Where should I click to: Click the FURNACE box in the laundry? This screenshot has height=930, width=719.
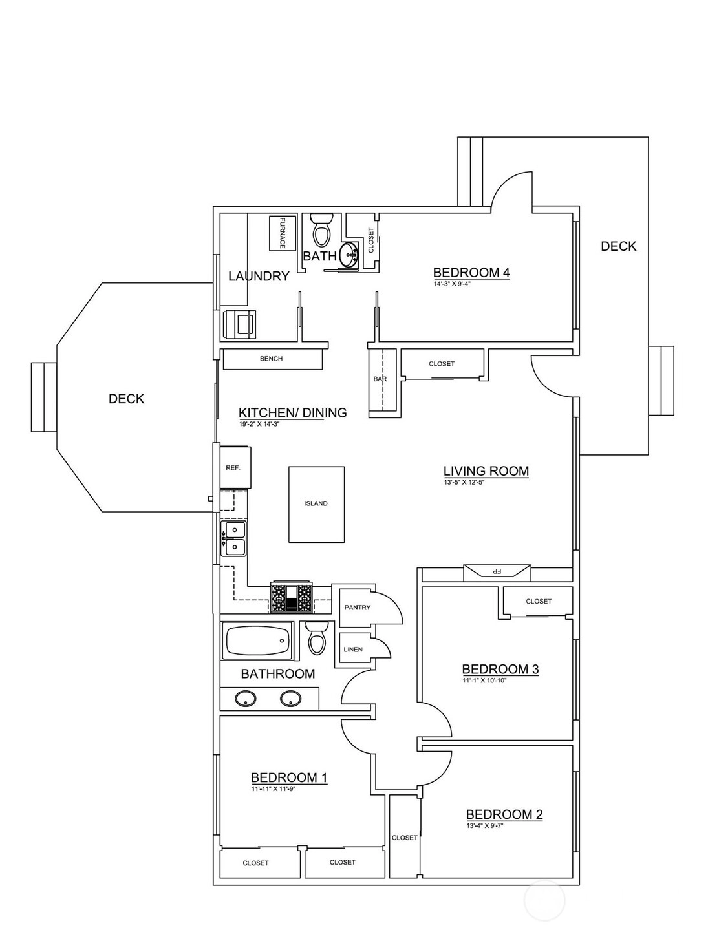[x=282, y=233]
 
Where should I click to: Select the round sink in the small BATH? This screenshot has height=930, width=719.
[x=350, y=255]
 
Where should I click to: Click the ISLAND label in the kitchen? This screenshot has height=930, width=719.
[x=316, y=503]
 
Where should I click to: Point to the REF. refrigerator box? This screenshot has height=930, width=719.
[x=235, y=467]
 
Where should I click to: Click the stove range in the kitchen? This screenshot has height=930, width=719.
[x=292, y=597]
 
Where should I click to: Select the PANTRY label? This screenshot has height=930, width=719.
[x=358, y=608]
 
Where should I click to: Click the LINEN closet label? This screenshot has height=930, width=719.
[x=353, y=650]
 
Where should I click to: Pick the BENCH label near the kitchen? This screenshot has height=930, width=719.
[x=272, y=359]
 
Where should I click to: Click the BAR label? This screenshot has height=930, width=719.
[x=380, y=379]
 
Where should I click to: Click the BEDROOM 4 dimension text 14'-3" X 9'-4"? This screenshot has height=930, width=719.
[x=452, y=283]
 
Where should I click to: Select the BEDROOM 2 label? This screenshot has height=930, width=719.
[x=504, y=814]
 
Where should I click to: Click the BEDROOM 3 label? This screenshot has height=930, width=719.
[x=500, y=669]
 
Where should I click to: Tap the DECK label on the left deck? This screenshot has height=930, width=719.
[x=126, y=399]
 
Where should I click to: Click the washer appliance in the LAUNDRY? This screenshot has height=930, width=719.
[x=240, y=324]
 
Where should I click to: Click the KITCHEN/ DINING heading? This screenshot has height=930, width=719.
[x=293, y=412]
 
